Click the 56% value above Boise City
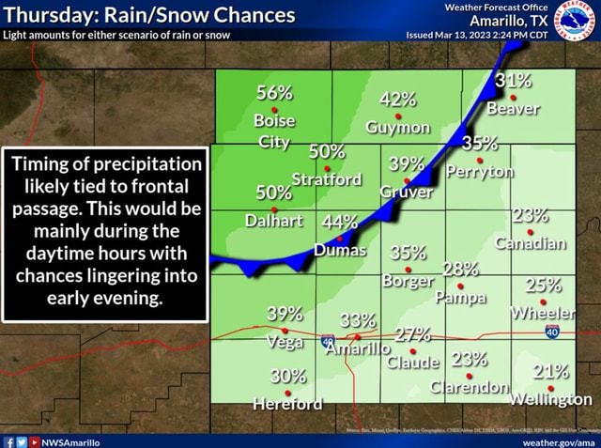click(274, 92)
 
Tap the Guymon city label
click(399, 127)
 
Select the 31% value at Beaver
click(514, 82)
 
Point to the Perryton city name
click(480, 172)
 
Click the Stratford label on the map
click(327, 178)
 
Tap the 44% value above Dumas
click(340, 224)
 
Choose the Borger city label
click(406, 279)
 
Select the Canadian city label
click(532, 244)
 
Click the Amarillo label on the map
click(358, 350)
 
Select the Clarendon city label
click(469, 388)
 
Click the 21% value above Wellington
click(550, 370)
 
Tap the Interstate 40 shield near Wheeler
click(552, 331)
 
